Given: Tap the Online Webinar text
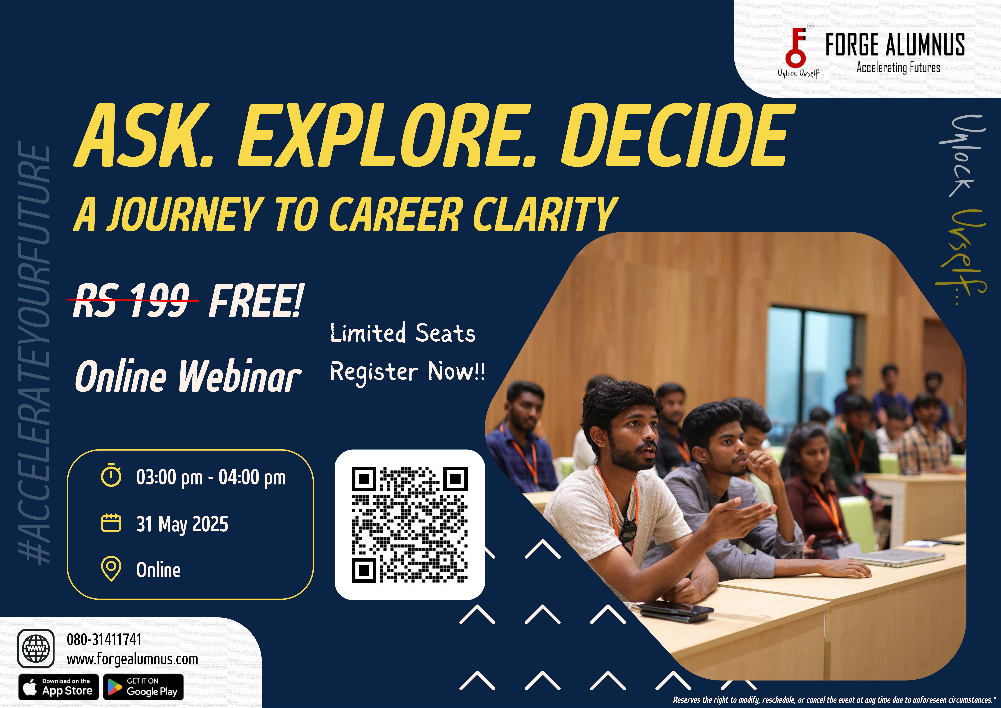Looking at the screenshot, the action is click(x=188, y=376).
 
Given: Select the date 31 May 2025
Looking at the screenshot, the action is click(x=182, y=524).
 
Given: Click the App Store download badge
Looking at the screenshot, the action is click(x=58, y=687).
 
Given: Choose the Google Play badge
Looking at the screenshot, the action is click(x=143, y=687).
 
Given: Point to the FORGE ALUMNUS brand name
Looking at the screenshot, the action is click(x=895, y=45).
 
